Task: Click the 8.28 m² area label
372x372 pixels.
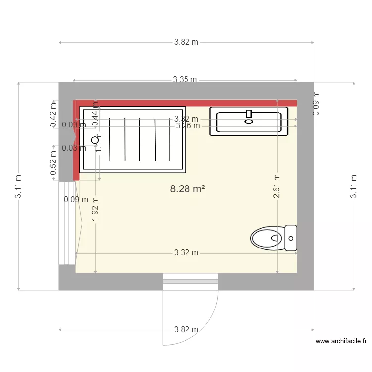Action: (x=187, y=189)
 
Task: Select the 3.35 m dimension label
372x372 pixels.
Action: (x=185, y=79)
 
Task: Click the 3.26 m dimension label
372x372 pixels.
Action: (x=188, y=126)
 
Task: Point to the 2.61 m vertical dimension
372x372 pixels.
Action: (x=277, y=186)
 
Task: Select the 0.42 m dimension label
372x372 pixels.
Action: (x=53, y=115)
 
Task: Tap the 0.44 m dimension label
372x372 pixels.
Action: (x=95, y=118)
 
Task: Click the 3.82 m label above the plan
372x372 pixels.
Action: (x=186, y=42)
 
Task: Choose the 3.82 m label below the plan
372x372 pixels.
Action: (x=186, y=329)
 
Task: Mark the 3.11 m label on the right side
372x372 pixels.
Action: (x=354, y=186)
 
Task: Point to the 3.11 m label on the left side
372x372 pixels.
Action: (x=18, y=186)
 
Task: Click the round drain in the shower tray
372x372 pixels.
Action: (x=95, y=140)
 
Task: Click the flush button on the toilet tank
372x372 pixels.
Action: (x=291, y=238)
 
